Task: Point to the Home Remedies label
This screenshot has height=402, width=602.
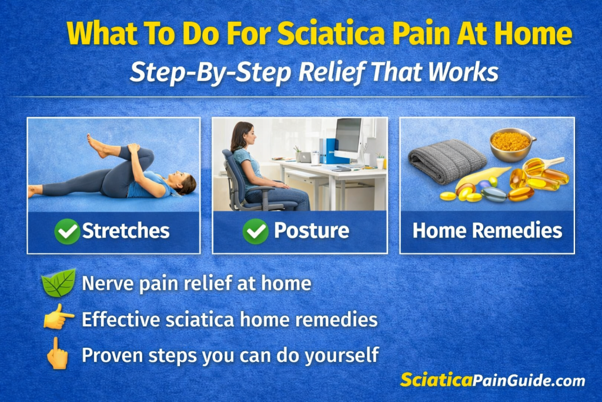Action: coord(487,231)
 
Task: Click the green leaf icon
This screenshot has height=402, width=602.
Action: coord(59,283)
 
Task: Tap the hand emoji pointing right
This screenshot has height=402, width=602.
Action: coord(58,319)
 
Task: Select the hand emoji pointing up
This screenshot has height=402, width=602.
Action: coord(58,353)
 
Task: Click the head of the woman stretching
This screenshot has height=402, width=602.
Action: coord(186,184)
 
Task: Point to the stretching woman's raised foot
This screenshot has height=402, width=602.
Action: coord(96,145)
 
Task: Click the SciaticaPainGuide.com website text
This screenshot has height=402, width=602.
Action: coord(493,380)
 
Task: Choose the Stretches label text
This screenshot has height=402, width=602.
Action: coord(126,231)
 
